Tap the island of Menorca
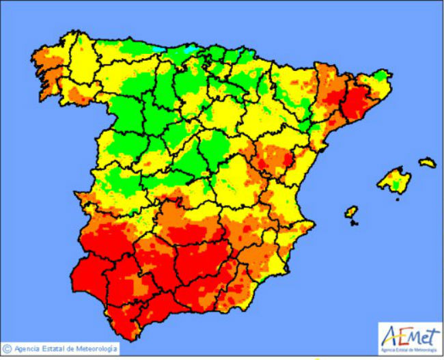pos(427,163)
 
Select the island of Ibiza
pos(351,212)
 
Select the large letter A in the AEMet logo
pos(390,336)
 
